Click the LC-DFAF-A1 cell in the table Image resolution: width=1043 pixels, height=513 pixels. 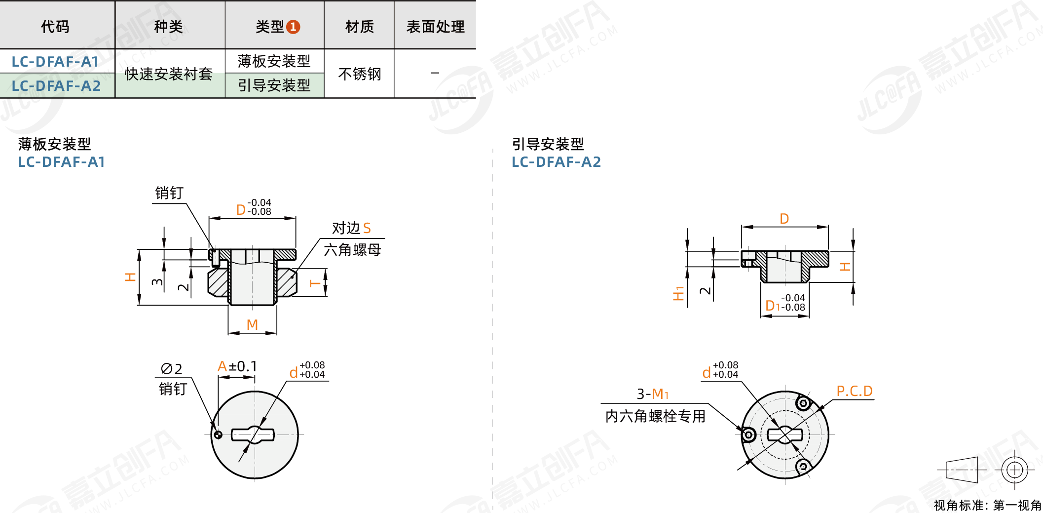(55, 62)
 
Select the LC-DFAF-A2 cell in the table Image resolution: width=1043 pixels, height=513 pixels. (56, 86)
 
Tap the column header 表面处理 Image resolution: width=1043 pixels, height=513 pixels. (435, 27)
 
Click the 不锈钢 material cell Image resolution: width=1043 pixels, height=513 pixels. (359, 74)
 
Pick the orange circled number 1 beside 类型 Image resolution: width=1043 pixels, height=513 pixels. (293, 27)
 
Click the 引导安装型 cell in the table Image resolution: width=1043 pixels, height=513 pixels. (274, 85)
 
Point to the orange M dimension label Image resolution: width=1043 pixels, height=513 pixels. (252, 324)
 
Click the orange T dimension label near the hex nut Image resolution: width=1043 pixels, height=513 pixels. (314, 283)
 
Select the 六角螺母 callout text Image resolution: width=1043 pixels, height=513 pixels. (352, 250)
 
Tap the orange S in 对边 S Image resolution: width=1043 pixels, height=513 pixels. (367, 228)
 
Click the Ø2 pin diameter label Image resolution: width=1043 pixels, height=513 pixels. (171, 369)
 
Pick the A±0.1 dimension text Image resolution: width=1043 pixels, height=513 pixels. (237, 366)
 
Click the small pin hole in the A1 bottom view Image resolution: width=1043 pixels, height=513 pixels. (218, 434)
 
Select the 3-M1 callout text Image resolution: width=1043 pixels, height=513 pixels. (652, 394)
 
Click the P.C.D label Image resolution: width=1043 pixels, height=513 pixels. (855, 391)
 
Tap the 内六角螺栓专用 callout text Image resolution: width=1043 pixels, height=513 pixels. (655, 416)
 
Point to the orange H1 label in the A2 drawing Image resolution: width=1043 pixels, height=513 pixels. (679, 293)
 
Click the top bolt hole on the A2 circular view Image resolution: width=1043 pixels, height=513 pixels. (803, 403)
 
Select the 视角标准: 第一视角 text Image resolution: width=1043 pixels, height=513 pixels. (987, 505)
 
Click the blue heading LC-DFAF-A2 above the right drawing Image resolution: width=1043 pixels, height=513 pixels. (556, 162)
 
